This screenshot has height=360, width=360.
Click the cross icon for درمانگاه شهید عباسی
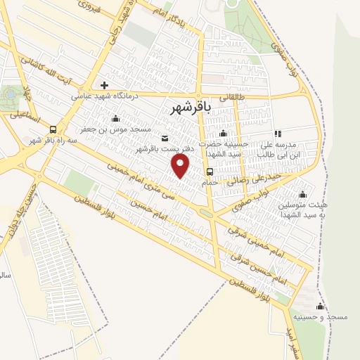pos(105,85)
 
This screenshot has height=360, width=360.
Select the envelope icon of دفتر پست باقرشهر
pos(165,138)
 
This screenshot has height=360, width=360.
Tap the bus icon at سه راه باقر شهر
pos(53,129)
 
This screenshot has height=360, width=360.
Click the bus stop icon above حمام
pos(210,172)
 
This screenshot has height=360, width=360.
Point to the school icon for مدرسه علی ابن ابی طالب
pos(278,134)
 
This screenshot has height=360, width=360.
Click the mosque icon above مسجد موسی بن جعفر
pos(115,119)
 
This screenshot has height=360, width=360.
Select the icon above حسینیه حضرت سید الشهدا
pos(224,134)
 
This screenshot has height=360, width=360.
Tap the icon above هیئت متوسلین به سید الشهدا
pos(303,194)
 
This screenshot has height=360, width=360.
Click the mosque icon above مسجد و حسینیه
pos(321,307)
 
